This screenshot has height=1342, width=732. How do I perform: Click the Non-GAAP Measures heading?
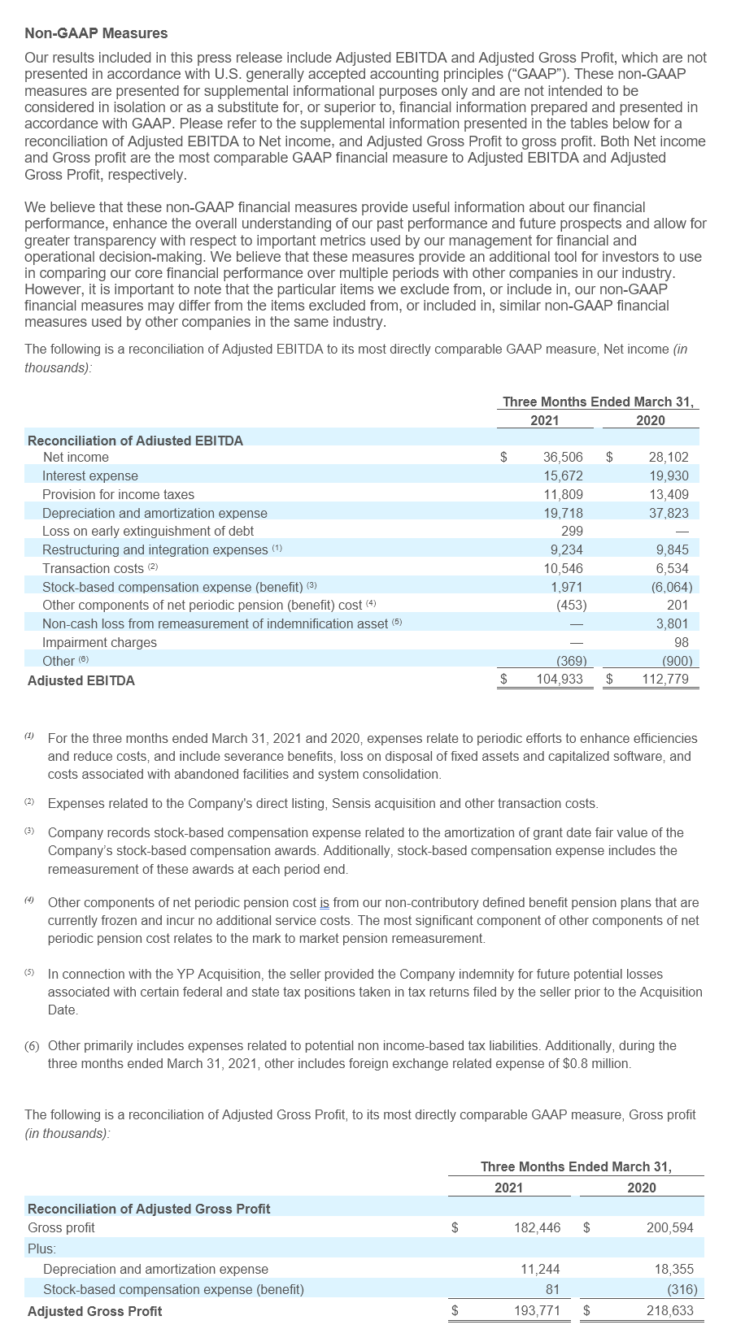96,33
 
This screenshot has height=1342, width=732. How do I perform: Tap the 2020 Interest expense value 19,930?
669,476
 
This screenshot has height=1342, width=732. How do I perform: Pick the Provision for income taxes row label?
118,494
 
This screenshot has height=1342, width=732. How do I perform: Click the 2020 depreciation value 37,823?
669,513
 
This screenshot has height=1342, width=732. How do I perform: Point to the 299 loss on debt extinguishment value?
572,532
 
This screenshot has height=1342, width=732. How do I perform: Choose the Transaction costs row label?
93,568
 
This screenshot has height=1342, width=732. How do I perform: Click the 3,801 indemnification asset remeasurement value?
672,623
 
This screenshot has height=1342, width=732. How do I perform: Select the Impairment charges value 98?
681,642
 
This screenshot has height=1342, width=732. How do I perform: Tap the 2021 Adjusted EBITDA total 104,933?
560,680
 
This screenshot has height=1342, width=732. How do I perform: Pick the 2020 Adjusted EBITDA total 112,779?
665,680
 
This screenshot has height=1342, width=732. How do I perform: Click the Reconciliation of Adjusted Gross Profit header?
149,1209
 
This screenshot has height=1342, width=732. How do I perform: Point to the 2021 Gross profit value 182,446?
537,1227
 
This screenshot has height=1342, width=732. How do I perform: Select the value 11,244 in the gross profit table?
540,1269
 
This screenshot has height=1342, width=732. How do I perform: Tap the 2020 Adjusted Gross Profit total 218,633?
670,1310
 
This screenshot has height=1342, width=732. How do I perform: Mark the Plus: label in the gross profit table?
41,1248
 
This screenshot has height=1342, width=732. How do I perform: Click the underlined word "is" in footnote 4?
324,902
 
